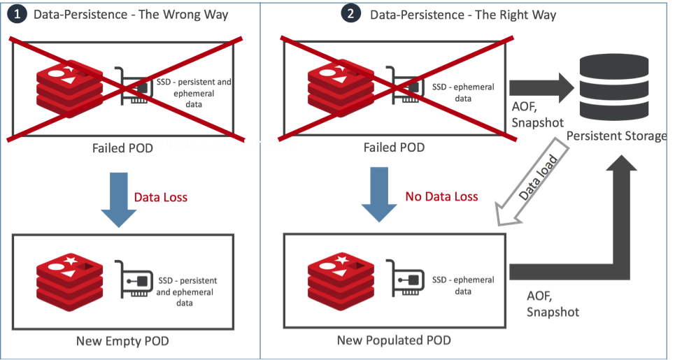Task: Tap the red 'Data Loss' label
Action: (161, 197)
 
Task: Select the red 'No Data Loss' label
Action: (441, 196)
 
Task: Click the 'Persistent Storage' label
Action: (616, 136)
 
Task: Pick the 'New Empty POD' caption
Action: (122, 341)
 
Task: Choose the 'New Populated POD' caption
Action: (394, 340)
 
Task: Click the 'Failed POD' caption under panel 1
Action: (123, 147)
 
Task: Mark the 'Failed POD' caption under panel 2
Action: (394, 147)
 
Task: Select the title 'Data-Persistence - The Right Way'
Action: (463, 14)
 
